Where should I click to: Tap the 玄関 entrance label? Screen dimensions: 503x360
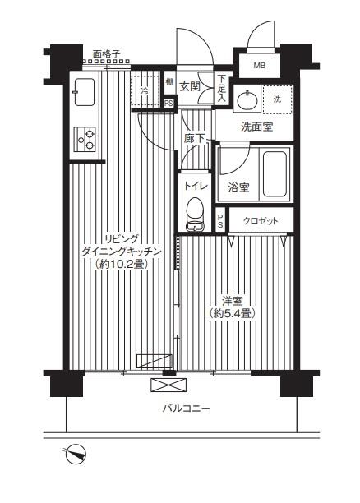190,86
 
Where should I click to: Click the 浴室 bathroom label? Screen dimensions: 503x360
238,187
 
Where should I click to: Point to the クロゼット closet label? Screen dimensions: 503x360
259,220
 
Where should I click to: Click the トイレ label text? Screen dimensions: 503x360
195,186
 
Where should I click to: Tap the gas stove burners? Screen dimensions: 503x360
85,140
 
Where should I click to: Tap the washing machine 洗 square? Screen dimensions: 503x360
276,99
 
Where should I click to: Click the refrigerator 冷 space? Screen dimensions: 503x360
145,90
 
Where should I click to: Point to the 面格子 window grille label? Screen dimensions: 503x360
107,55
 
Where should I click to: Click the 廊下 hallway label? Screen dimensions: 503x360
194,141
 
